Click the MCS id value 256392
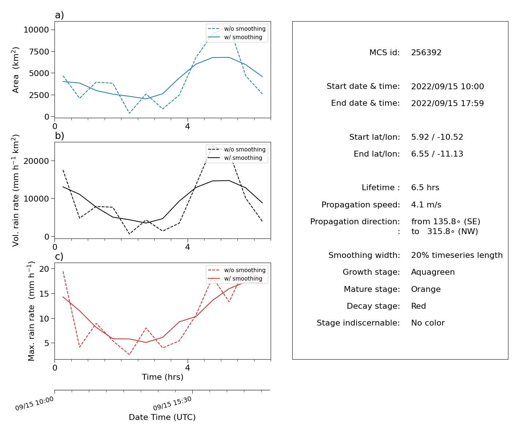[x=426, y=52]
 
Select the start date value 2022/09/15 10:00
[x=447, y=86]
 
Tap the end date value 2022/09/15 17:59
[x=447, y=103]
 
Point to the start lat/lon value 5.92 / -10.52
[x=437, y=137]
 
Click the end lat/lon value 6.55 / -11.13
[x=437, y=154]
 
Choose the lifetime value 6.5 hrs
[x=425, y=187]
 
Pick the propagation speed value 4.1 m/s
[x=426, y=204]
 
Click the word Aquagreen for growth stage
[x=433, y=272]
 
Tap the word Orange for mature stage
[x=426, y=289]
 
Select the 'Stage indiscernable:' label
[x=358, y=323]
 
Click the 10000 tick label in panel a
[x=36, y=30]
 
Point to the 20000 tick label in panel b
[x=36, y=161]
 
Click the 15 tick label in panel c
[x=44, y=294]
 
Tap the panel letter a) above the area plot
[x=59, y=15]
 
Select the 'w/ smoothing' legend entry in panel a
[x=235, y=37]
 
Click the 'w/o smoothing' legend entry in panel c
[x=237, y=270]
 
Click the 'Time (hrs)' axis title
[x=162, y=377]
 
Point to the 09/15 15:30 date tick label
[x=172, y=403]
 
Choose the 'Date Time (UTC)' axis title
[x=162, y=417]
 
